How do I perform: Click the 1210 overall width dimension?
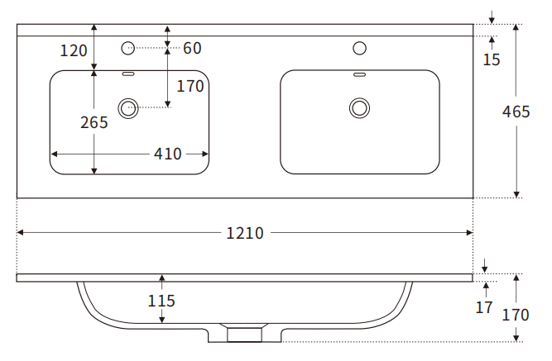(244, 233)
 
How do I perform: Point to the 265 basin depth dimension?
(94, 122)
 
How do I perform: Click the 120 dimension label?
(74, 50)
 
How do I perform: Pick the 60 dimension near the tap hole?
(192, 49)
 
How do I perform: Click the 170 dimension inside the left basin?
(190, 86)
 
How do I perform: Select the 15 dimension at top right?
(492, 59)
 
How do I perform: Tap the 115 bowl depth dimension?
(161, 301)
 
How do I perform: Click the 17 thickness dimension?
(485, 307)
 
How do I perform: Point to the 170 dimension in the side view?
(516, 314)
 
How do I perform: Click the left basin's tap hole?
(128, 49)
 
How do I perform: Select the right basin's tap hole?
(359, 49)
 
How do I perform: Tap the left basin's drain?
(129, 107)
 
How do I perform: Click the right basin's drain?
(359, 107)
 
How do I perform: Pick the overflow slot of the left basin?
(129, 75)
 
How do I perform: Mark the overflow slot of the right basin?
(359, 75)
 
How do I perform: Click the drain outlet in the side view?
(243, 333)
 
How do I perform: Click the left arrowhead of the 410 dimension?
(55, 154)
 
